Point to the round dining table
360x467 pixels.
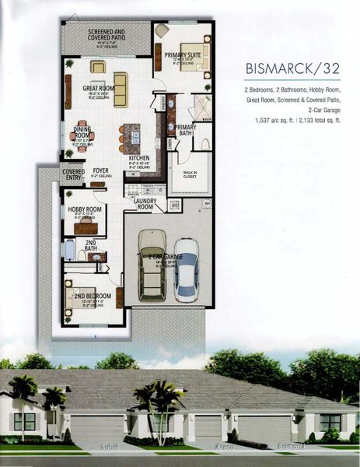click(83, 137)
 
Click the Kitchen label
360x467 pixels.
click(140, 160)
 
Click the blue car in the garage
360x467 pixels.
click(187, 270)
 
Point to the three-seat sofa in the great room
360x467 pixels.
click(121, 83)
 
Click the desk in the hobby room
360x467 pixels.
click(86, 227)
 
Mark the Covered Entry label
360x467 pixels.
click(73, 175)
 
